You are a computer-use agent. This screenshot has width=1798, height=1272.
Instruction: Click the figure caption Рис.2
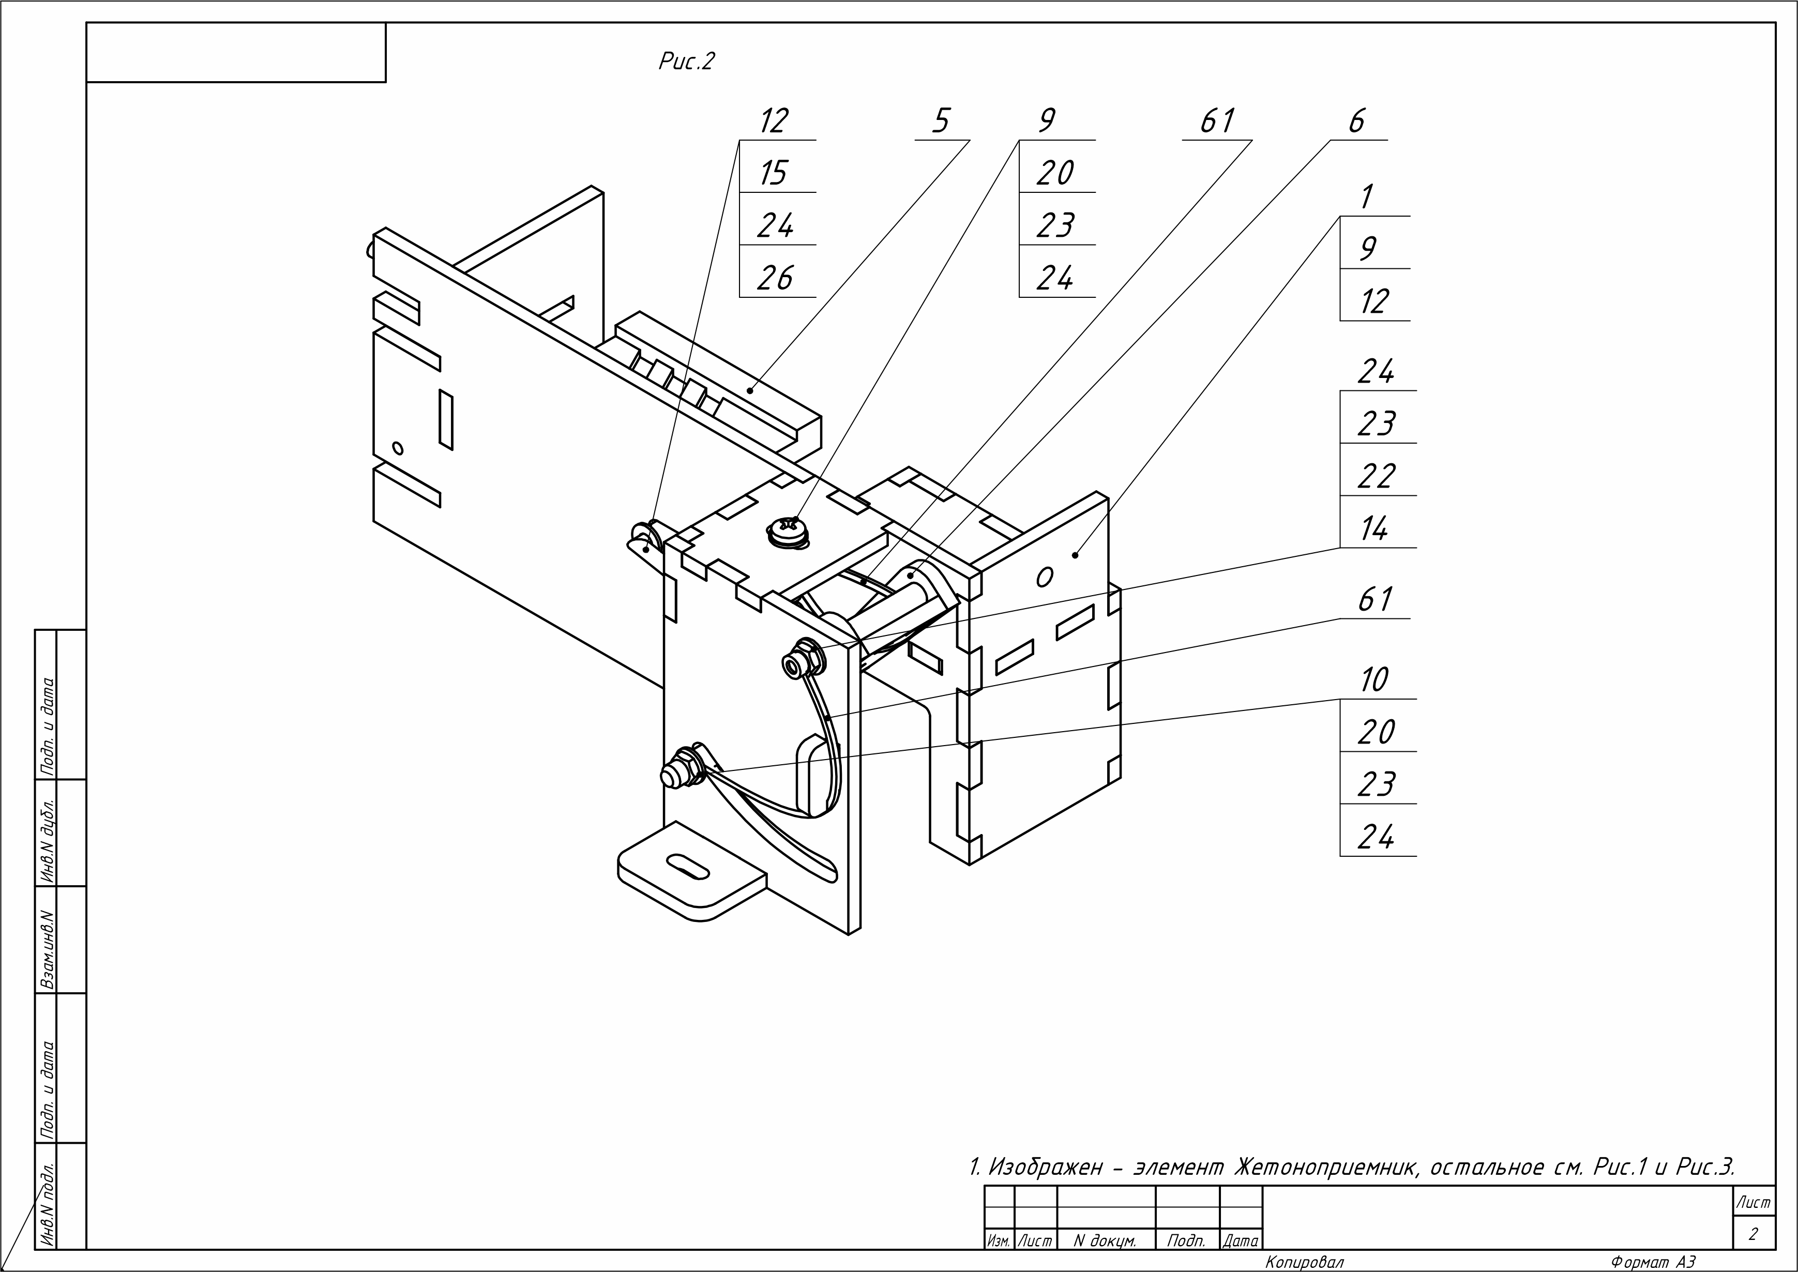click(x=686, y=61)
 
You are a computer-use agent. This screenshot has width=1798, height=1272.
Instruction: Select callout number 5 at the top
click(x=941, y=122)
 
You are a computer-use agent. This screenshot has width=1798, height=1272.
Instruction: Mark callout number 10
click(x=1374, y=680)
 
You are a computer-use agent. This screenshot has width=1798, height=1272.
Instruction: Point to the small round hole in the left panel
click(x=398, y=448)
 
